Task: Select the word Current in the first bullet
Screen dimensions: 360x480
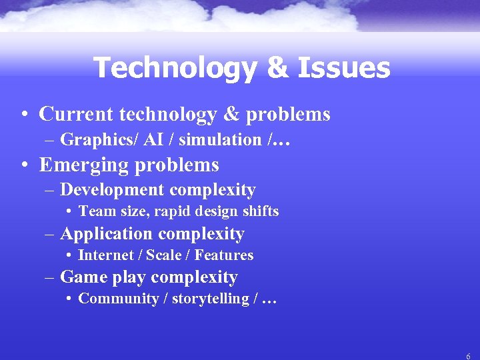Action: coord(76,114)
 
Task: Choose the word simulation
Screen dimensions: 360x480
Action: coord(205,140)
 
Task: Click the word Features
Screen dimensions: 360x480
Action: coord(224,255)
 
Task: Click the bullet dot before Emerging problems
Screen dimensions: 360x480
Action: coord(24,165)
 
